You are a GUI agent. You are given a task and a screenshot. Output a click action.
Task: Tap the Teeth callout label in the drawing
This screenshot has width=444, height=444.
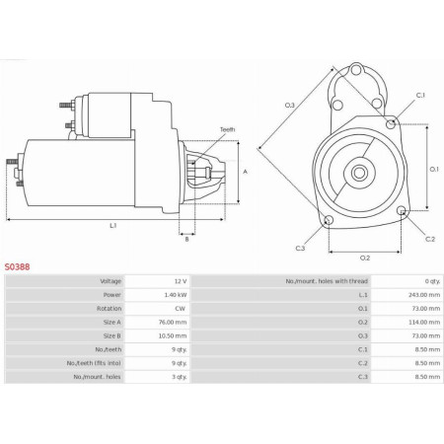[228, 129]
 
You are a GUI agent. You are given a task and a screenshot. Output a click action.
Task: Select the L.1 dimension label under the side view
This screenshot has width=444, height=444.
[113, 226]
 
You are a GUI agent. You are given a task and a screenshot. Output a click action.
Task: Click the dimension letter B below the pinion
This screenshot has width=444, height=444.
[186, 239]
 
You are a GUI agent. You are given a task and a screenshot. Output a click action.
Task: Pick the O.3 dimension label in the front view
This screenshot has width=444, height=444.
[290, 105]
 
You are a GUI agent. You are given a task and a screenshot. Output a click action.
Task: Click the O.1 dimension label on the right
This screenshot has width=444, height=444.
[434, 169]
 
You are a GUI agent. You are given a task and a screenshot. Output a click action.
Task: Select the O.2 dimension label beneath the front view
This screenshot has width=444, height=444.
[364, 258]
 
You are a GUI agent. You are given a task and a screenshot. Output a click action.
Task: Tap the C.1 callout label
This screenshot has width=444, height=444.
[420, 95]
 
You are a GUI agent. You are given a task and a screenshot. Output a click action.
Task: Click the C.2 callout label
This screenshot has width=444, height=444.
[430, 239]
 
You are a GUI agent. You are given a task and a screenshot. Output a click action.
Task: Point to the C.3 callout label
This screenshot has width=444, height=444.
[300, 248]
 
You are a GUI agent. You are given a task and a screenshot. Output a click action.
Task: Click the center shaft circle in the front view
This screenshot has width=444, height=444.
[360, 174]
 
